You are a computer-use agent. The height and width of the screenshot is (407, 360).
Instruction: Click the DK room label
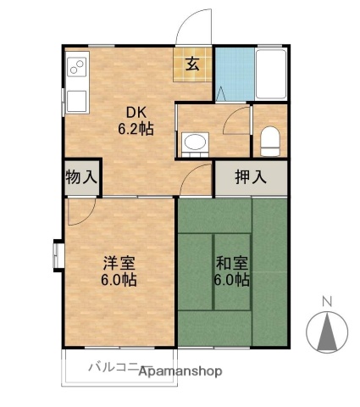coord(136,113)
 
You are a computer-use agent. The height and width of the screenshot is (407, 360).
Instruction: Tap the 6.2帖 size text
coord(136,130)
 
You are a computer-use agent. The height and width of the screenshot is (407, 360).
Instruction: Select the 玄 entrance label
coord(193,64)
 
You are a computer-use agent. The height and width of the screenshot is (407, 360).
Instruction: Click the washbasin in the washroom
coord(194,142)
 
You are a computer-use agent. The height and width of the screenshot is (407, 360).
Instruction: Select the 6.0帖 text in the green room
coord(230,279)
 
